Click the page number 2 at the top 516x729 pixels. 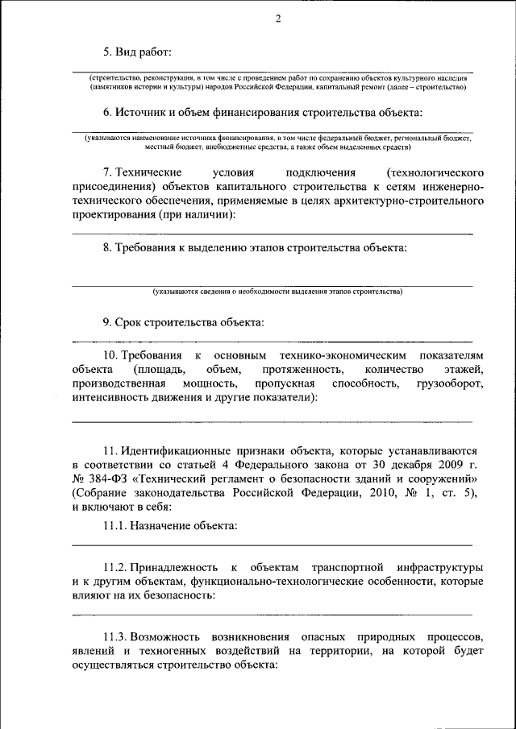point(277,19)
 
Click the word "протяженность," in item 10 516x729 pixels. point(298,369)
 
